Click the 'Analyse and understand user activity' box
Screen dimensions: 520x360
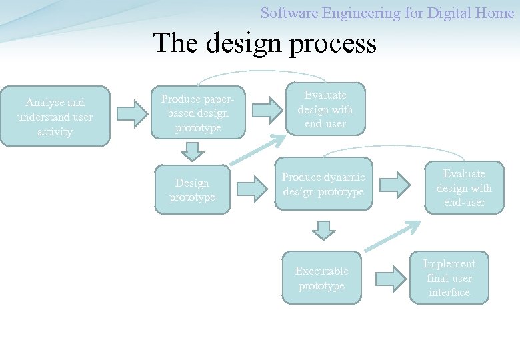55,117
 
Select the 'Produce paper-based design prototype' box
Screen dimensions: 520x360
198,113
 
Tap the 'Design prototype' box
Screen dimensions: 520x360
192,190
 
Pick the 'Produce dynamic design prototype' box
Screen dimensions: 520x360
323,185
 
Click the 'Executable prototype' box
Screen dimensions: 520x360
321,278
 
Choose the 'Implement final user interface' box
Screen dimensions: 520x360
449,278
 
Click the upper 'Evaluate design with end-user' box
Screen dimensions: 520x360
325,109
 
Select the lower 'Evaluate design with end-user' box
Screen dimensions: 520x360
464,188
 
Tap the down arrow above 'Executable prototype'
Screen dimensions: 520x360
323,231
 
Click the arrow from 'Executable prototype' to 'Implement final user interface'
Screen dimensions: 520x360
389,278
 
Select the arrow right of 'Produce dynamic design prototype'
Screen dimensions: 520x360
395,185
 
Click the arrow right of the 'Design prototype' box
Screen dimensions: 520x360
252,189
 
